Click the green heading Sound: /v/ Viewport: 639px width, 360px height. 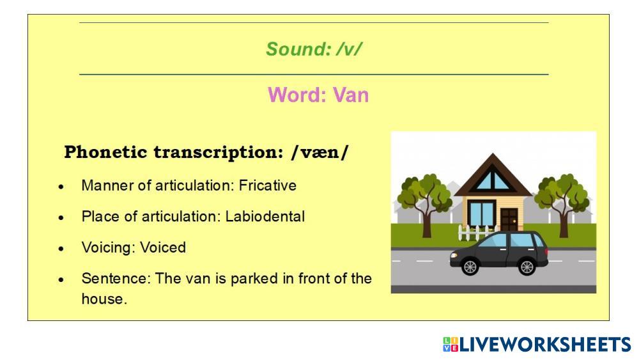click(x=314, y=49)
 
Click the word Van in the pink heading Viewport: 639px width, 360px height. click(x=351, y=95)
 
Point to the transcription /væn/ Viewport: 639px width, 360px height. click(x=320, y=152)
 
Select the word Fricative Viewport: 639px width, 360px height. click(x=268, y=185)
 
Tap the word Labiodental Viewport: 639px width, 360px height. click(x=265, y=217)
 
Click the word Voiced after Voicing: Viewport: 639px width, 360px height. click(x=163, y=247)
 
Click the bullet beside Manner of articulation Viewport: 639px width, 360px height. click(x=61, y=187)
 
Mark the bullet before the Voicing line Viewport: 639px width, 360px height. click(x=61, y=249)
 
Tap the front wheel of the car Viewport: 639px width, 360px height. click(x=470, y=267)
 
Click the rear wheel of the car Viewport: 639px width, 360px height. click(x=527, y=267)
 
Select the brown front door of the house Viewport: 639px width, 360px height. click(x=509, y=219)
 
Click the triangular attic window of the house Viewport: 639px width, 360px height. click(x=493, y=180)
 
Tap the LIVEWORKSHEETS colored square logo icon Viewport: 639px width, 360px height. click(x=450, y=345)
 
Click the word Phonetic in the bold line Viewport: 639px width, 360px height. click(x=105, y=152)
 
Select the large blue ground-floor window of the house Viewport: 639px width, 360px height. click(x=481, y=213)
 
